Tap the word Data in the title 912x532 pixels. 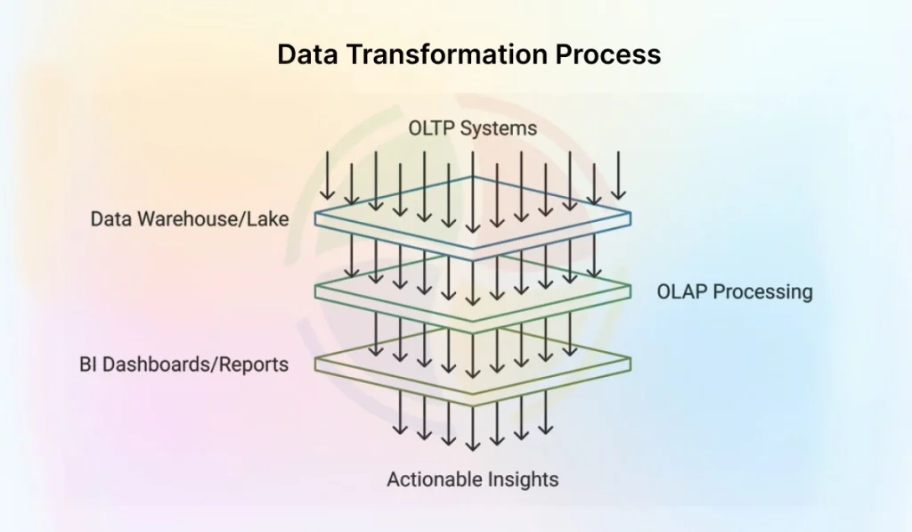click(x=306, y=54)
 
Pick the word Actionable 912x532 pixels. click(x=434, y=479)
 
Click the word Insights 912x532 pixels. click(x=522, y=479)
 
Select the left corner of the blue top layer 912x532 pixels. click(x=317, y=217)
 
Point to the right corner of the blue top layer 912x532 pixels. click(x=630, y=216)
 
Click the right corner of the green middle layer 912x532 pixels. click(x=630, y=289)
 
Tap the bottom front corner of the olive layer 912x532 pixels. click(x=473, y=403)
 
